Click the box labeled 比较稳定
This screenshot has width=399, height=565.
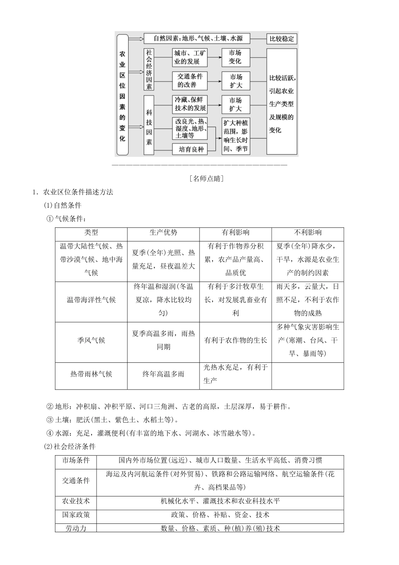[x=281, y=39]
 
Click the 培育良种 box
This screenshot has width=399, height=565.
[x=190, y=149]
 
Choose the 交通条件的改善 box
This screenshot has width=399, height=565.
[x=190, y=80]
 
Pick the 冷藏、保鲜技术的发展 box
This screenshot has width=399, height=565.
[x=190, y=104]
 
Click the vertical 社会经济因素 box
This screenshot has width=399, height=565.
[x=149, y=69]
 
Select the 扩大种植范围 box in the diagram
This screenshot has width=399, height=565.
[x=236, y=135]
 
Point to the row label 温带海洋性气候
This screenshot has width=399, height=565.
[x=91, y=300]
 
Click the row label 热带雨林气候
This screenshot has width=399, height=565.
[x=91, y=374]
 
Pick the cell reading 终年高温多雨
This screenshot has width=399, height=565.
[x=163, y=374]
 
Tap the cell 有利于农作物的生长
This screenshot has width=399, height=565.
[x=236, y=340]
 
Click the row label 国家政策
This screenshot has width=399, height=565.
[x=76, y=515]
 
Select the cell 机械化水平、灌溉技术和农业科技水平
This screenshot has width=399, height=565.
[x=220, y=501]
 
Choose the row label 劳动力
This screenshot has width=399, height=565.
[x=76, y=528]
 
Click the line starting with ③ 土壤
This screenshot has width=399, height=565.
[x=113, y=420]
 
